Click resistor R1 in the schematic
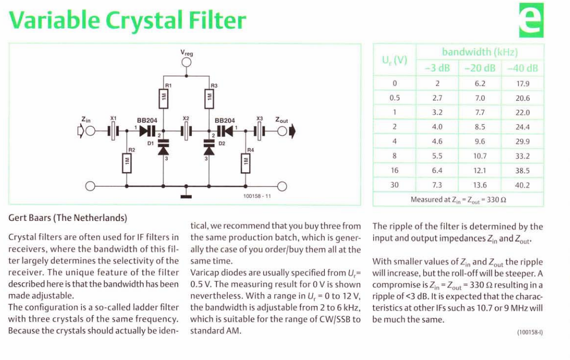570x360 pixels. point(163,98)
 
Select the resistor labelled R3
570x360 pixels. point(209,98)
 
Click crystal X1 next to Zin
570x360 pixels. point(114,131)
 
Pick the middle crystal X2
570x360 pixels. point(186,131)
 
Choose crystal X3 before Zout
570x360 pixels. point(259,131)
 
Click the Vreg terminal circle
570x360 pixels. point(186,62)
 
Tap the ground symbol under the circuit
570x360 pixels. point(186,196)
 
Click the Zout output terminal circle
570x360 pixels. point(282,131)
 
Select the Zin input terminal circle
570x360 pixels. point(90,131)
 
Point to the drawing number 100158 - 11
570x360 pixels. point(257,196)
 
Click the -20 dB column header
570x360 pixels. point(480,69)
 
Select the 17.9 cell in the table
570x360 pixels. point(523,83)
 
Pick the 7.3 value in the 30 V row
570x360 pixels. point(437,185)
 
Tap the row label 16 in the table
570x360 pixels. point(394,170)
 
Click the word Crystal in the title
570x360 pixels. point(144,20)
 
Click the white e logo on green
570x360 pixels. point(531,20)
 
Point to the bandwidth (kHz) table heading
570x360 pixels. point(480,52)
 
